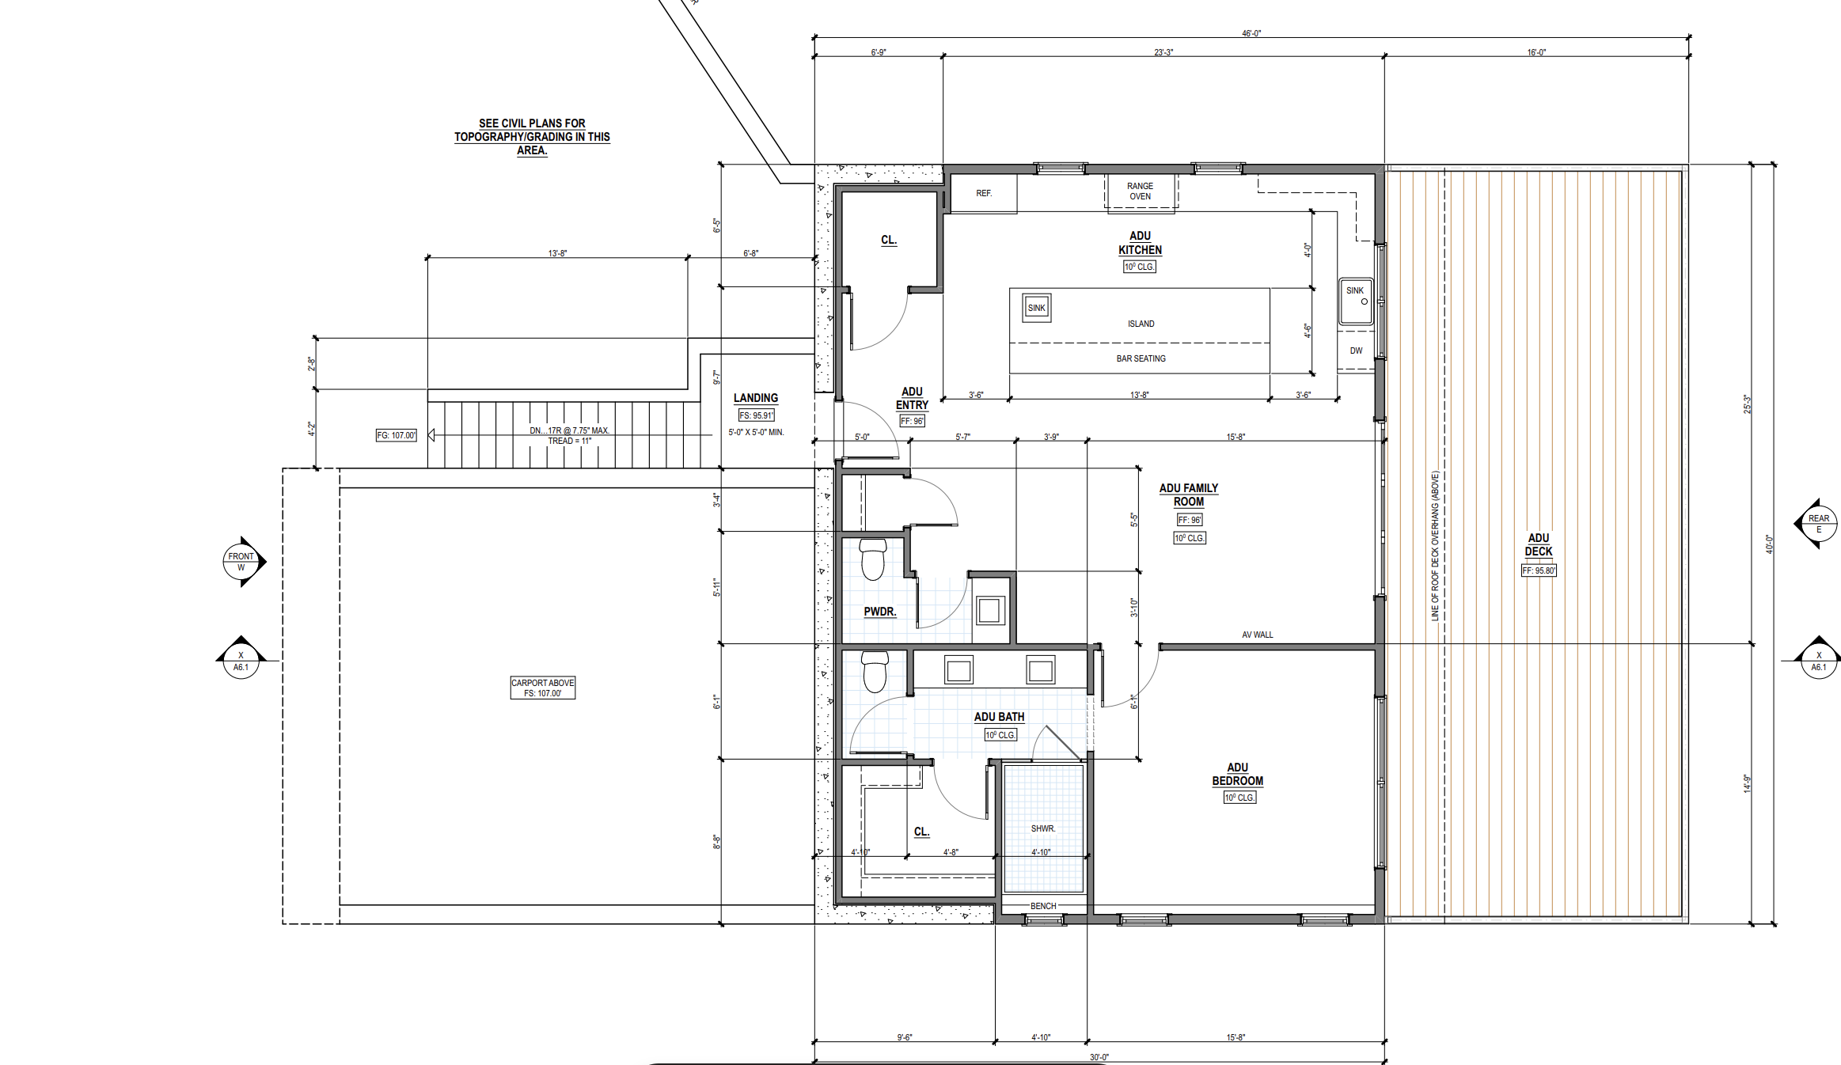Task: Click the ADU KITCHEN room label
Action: [1140, 243]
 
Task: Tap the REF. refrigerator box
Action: [984, 194]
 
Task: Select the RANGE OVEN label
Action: [1141, 191]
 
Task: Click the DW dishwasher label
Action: [1356, 351]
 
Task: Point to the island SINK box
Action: [1037, 308]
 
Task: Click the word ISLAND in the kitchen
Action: [1141, 324]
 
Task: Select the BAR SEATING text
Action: [1141, 358]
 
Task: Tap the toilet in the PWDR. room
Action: [873, 559]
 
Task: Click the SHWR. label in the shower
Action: [1043, 828]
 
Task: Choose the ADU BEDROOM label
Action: [1237, 774]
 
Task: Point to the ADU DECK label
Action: [1539, 544]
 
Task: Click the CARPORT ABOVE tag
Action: [543, 688]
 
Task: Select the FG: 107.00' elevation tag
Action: [396, 435]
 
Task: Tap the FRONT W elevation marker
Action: [244, 562]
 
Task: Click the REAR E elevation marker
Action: [1817, 523]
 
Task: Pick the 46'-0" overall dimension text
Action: [1251, 33]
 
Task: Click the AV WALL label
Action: [1258, 635]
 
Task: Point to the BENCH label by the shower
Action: [1043, 906]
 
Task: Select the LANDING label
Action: [756, 398]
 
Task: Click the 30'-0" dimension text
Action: [1099, 1057]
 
